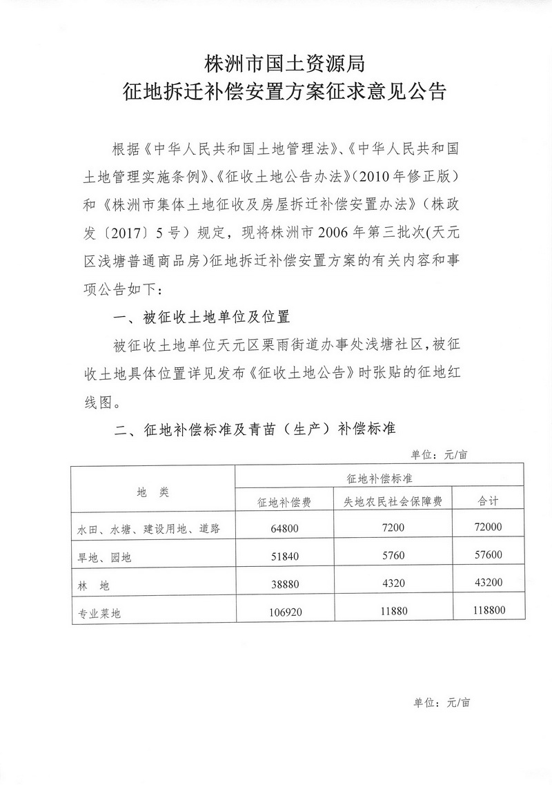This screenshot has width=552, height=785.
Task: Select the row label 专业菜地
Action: tap(99, 612)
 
